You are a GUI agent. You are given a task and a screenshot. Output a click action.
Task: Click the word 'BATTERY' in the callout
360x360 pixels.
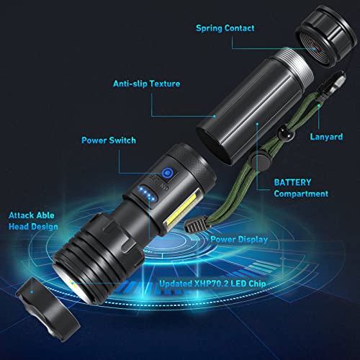pos(293,182)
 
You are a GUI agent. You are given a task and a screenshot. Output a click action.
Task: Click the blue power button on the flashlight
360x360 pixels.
pos(167,174)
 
